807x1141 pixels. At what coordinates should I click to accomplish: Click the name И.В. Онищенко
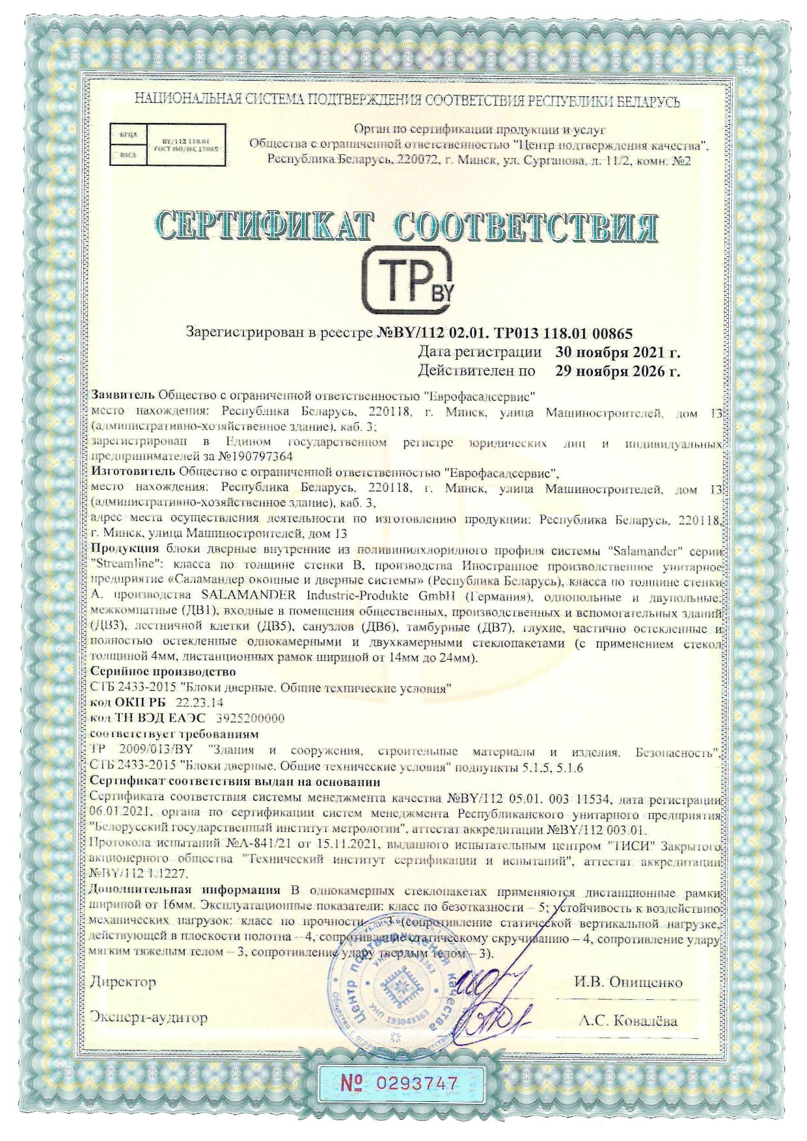(628, 982)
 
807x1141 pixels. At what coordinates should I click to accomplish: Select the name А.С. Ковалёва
(628, 1021)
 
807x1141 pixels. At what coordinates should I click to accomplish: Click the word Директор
(124, 982)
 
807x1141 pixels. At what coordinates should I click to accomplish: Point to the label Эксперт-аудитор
(149, 1017)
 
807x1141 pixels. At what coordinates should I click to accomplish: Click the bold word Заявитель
(123, 395)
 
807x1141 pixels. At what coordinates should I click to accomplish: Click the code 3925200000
(249, 718)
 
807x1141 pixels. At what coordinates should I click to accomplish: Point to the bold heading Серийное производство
(163, 671)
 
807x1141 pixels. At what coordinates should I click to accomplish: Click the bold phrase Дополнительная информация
(185, 889)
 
